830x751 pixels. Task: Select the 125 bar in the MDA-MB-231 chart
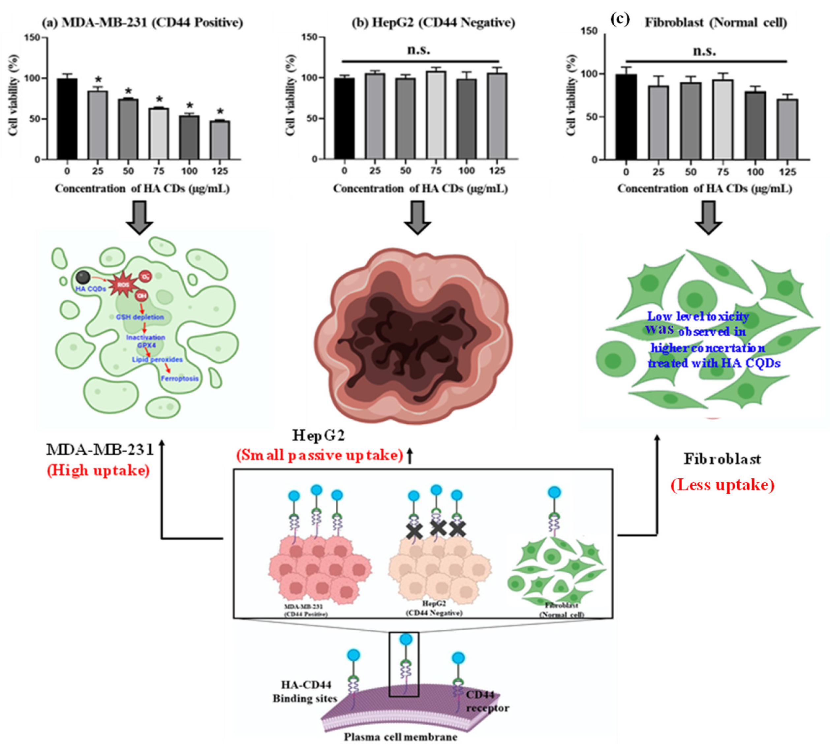[220, 140]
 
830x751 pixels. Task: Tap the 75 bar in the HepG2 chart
[436, 115]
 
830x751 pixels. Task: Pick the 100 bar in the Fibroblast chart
[755, 126]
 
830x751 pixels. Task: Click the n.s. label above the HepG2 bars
[419, 50]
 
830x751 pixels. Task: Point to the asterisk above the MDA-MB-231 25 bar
[98, 80]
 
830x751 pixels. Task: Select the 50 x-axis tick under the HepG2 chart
[406, 171]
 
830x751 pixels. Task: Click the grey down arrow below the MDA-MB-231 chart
[139, 217]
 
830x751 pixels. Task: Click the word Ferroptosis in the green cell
[179, 378]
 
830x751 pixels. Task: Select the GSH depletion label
[139, 317]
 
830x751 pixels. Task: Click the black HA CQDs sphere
[84, 277]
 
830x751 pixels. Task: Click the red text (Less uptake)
[722, 485]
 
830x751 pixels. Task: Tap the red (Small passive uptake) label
[320, 455]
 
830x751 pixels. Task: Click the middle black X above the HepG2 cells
[438, 527]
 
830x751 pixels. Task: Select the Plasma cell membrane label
[401, 736]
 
